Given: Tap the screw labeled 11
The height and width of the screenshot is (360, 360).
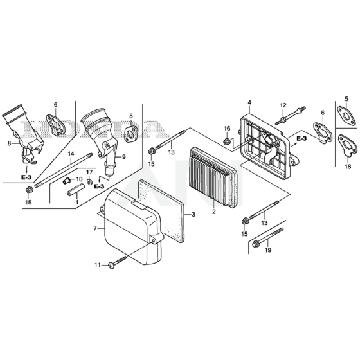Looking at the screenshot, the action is coord(118,262).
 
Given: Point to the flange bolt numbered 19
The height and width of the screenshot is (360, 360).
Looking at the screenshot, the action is coord(267,237).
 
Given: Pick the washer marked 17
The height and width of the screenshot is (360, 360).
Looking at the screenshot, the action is coord(89,181).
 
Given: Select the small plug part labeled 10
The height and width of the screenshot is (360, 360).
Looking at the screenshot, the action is coord(67,181).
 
